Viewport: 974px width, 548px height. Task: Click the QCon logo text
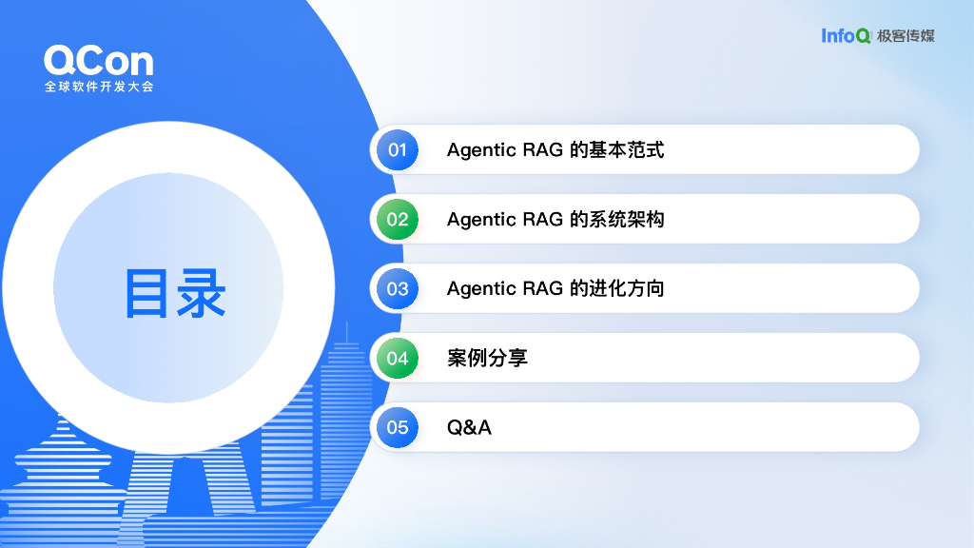pos(98,62)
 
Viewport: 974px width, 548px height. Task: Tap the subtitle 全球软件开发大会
pos(98,87)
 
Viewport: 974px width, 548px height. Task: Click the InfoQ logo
pos(847,36)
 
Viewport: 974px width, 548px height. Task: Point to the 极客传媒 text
pos(906,36)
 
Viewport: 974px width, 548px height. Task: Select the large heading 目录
pos(175,293)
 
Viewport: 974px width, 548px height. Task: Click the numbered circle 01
pos(398,149)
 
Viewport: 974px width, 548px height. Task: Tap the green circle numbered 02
pos(398,220)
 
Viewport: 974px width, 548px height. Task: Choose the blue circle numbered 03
pos(398,289)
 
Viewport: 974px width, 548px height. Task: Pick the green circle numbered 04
pos(398,359)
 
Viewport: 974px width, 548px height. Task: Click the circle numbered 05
pos(398,428)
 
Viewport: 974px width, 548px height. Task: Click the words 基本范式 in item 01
pos(627,150)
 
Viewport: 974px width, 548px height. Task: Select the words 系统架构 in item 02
pos(627,220)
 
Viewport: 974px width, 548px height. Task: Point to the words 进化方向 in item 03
pos(627,289)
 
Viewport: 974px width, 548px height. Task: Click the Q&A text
pos(469,428)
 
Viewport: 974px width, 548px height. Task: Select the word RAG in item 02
pos(543,220)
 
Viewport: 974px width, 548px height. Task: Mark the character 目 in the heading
pos(148,293)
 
